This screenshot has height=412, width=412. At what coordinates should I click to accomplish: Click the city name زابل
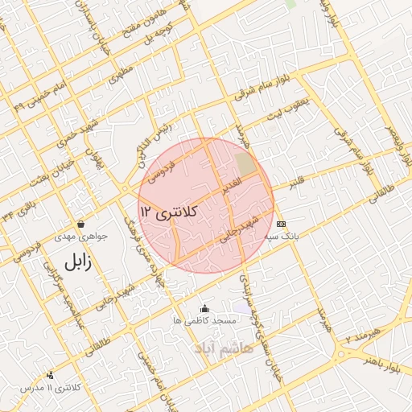pyautogui.click(x=73, y=261)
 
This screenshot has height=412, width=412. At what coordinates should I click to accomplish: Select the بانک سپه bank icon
pyautogui.click(x=280, y=223)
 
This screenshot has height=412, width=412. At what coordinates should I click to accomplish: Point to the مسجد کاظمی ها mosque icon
pyautogui.click(x=204, y=308)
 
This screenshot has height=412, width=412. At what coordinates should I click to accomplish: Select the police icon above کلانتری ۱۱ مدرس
pyautogui.click(x=50, y=375)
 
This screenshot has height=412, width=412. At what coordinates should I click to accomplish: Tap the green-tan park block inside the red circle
pyautogui.click(x=245, y=165)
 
